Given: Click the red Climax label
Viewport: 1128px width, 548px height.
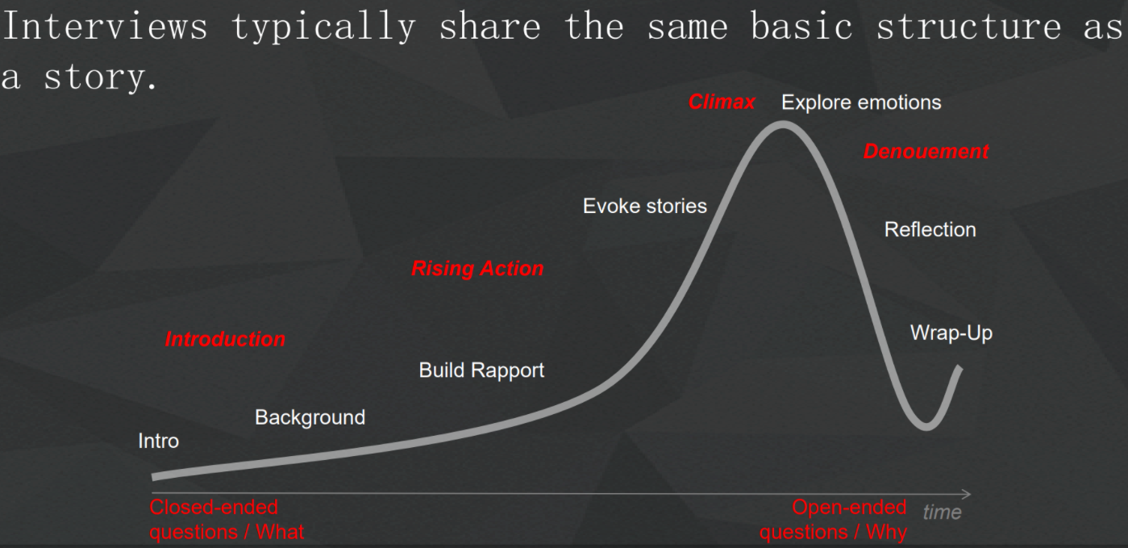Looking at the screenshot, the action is [x=721, y=102].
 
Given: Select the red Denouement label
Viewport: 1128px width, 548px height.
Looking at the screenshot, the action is [x=926, y=152].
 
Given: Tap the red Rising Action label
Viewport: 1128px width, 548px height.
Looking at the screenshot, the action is [x=477, y=269].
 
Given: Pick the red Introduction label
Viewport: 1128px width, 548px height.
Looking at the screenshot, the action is [x=225, y=339].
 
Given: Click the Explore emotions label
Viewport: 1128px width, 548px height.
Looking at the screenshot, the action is [x=861, y=102].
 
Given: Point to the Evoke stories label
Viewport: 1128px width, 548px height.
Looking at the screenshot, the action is [x=644, y=206].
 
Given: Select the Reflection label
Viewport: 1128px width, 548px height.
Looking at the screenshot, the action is [x=930, y=230].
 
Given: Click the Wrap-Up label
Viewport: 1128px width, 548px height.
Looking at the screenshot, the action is [x=951, y=333].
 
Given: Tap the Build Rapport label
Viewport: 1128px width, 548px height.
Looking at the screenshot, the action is [x=481, y=370].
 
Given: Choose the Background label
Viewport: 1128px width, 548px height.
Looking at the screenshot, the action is [x=310, y=417].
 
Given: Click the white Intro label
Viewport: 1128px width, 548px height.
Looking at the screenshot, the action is [x=158, y=441].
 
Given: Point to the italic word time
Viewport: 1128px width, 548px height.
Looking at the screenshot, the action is [x=942, y=512].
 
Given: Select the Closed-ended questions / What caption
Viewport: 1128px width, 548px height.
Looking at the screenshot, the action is [x=227, y=520].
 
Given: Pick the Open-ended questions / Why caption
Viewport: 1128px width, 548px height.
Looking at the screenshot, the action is [x=833, y=520].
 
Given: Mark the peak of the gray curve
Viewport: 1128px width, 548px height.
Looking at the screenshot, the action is [x=782, y=124].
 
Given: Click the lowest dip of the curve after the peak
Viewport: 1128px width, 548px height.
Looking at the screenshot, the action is [x=926, y=427].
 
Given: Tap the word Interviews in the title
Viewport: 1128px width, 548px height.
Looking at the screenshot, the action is [x=106, y=26].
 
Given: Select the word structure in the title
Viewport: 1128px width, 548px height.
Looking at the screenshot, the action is [x=969, y=26].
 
